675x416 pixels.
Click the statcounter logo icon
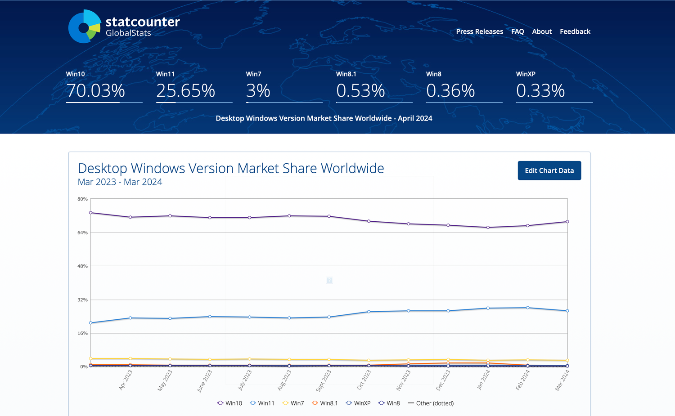[x=85, y=27]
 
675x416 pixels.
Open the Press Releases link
[x=479, y=31]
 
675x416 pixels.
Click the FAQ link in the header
[x=517, y=31]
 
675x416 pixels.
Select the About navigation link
[x=542, y=31]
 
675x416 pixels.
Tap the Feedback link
[x=575, y=31]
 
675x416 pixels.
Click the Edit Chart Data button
[x=549, y=170]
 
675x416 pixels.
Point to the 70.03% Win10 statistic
[x=95, y=91]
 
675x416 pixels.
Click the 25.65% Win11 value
[x=185, y=91]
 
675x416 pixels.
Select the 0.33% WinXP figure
[x=540, y=91]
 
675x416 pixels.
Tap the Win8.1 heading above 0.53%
[x=346, y=74]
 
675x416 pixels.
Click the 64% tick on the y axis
[x=82, y=233]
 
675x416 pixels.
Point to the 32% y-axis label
[x=82, y=300]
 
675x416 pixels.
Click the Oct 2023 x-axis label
[x=364, y=380]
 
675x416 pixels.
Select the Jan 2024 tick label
[x=483, y=380]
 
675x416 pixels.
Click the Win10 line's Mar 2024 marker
[x=567, y=222]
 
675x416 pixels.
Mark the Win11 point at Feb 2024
[x=527, y=308]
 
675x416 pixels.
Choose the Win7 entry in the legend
[x=293, y=403]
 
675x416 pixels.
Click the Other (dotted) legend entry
[x=431, y=403]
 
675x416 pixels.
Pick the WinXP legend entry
[x=358, y=403]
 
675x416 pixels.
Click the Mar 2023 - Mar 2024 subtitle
[x=120, y=182]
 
